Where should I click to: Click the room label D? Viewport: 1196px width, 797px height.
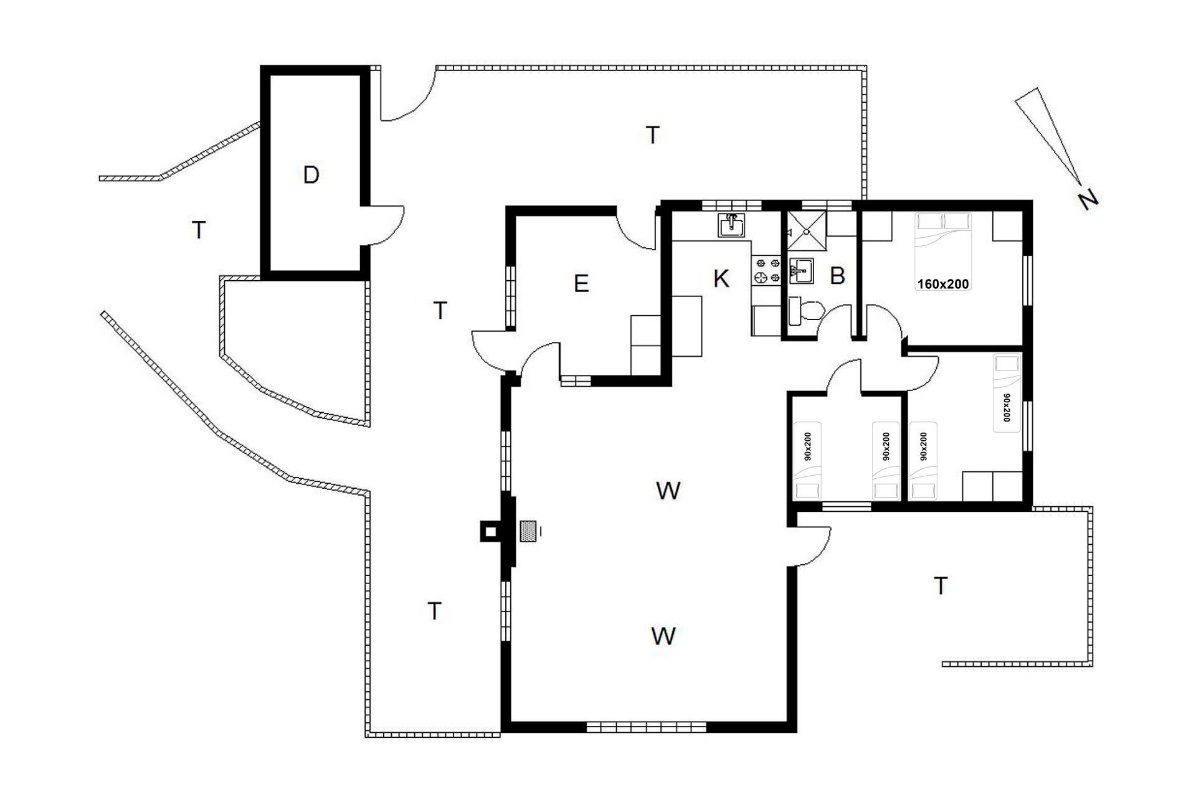311,176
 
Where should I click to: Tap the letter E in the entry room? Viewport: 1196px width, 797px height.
581,284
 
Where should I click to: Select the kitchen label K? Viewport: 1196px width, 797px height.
721,278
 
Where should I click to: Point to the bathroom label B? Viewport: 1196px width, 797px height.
838,276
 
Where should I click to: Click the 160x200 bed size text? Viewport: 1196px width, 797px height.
943,284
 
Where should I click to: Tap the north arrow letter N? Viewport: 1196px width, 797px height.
1088,199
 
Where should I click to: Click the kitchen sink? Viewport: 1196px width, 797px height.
731,225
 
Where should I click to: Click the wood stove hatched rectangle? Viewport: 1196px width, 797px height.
529,532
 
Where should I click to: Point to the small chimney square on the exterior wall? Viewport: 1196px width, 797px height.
490,532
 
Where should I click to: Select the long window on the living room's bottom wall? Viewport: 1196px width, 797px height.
646,726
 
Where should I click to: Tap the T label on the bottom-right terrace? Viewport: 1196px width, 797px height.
941,586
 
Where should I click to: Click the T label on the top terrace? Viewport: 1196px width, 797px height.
652,134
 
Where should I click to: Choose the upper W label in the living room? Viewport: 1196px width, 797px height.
668,491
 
